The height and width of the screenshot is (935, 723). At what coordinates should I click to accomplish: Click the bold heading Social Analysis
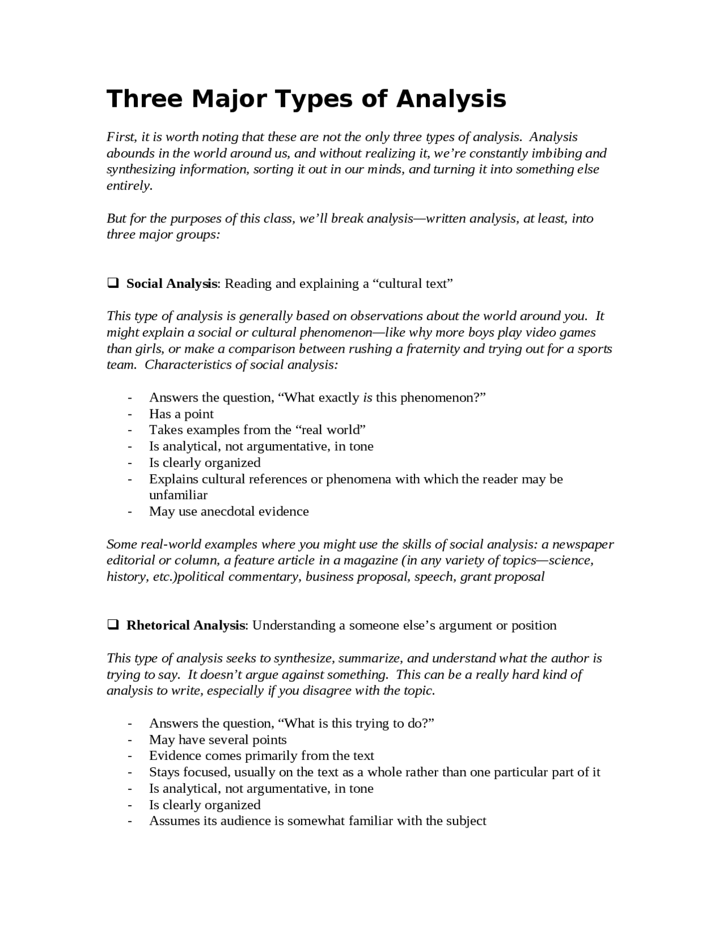pos(172,283)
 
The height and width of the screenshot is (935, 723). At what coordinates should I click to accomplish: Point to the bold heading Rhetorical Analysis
pos(186,625)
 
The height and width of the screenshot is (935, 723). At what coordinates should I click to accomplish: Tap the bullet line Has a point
pos(181,414)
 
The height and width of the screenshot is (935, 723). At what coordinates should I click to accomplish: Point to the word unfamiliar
pos(178,495)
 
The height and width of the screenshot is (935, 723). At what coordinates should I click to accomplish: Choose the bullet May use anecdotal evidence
pos(228,512)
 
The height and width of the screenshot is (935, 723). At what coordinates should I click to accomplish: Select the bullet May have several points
pos(217,740)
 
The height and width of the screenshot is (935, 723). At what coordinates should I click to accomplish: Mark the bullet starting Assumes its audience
pos(317,821)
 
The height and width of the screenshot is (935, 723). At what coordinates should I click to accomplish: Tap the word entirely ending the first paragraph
pos(129,186)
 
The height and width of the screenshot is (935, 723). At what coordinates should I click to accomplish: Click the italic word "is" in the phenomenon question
pos(367,397)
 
